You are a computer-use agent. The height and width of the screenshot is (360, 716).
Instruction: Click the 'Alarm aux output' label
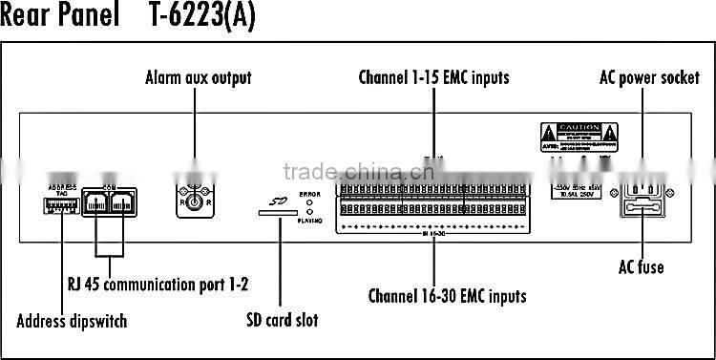click(198, 77)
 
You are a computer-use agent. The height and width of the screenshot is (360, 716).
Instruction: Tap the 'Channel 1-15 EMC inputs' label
click(433, 76)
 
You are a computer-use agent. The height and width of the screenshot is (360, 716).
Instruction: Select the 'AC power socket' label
click(649, 77)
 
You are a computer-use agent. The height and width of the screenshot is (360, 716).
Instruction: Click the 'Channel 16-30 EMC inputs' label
click(447, 295)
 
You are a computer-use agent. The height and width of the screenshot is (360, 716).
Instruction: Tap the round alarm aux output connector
click(195, 201)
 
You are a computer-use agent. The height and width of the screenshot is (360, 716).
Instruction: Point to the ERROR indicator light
click(309, 202)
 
